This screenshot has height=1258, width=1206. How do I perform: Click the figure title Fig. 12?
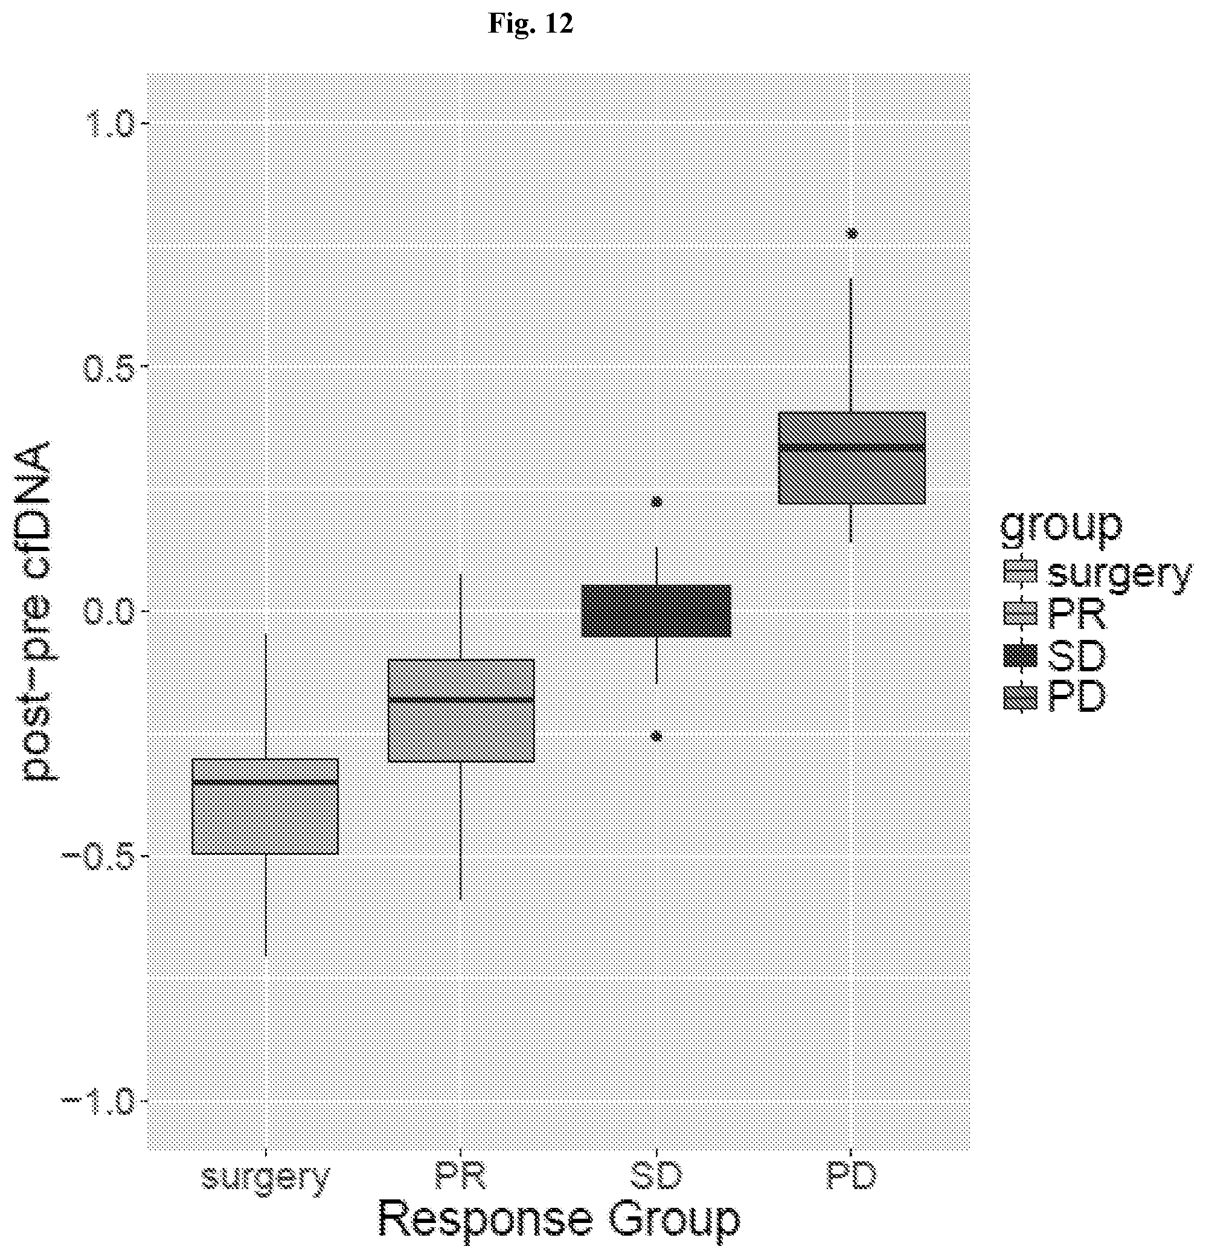(530, 24)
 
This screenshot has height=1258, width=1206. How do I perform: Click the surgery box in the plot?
(266, 806)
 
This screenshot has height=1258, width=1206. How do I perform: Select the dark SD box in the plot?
(656, 610)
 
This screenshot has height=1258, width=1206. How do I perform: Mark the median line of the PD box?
(852, 447)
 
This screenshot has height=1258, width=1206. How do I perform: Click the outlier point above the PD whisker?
(852, 234)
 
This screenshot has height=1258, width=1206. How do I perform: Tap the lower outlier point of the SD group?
(656, 736)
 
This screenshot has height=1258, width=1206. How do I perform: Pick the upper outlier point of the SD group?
(656, 502)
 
